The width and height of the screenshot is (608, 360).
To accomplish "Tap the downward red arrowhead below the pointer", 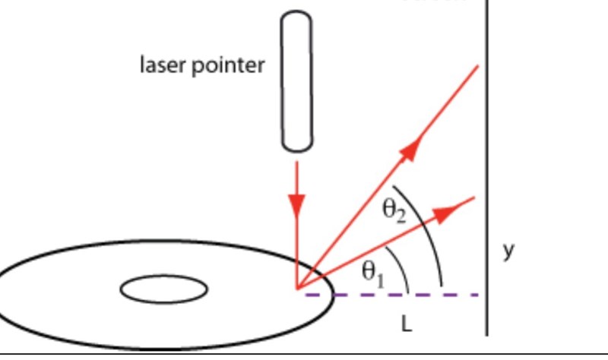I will pos(296,204).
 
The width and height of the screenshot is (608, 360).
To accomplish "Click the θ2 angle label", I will pos(394,210).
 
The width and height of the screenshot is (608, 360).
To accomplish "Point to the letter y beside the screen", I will pos(508,250).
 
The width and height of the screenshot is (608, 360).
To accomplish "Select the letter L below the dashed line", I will pos(407,324).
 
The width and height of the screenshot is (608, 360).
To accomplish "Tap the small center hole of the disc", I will pos(164,289).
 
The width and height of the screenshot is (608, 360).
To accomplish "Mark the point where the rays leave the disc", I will pos(297,289).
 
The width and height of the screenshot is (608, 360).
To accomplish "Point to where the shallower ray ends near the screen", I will pos(474,198).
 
